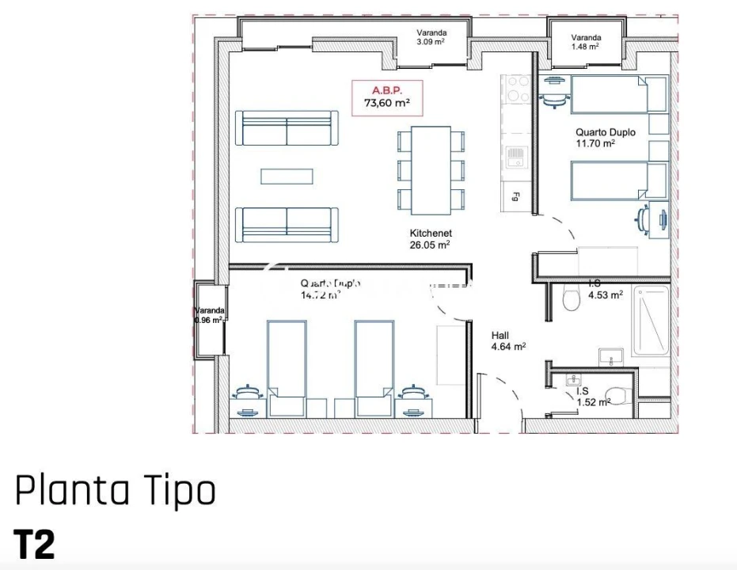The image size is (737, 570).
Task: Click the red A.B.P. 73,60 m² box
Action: click(x=386, y=97)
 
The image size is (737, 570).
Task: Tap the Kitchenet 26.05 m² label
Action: click(x=430, y=239)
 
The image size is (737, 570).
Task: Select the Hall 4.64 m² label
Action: click(x=508, y=340)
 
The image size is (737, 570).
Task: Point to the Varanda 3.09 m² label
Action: click(x=431, y=37)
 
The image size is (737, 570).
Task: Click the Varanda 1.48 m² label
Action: click(x=585, y=42)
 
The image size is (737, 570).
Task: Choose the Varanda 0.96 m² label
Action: click(x=210, y=315)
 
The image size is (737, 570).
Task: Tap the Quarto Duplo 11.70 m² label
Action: click(x=605, y=138)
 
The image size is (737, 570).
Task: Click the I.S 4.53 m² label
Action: click(x=605, y=289)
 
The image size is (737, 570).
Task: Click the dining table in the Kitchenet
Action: click(x=431, y=169)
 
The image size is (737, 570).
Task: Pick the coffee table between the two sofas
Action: click(x=287, y=176)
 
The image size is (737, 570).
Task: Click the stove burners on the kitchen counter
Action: click(x=519, y=88)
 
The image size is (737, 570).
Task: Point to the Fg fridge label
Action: click(x=515, y=196)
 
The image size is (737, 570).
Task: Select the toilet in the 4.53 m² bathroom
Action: click(x=568, y=298)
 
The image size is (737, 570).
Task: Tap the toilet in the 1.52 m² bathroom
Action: click(x=614, y=395)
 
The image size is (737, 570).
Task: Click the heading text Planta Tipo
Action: click(x=116, y=491)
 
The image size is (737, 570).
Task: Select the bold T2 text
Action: click(x=34, y=545)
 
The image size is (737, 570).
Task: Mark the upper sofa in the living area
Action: click(x=287, y=127)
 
